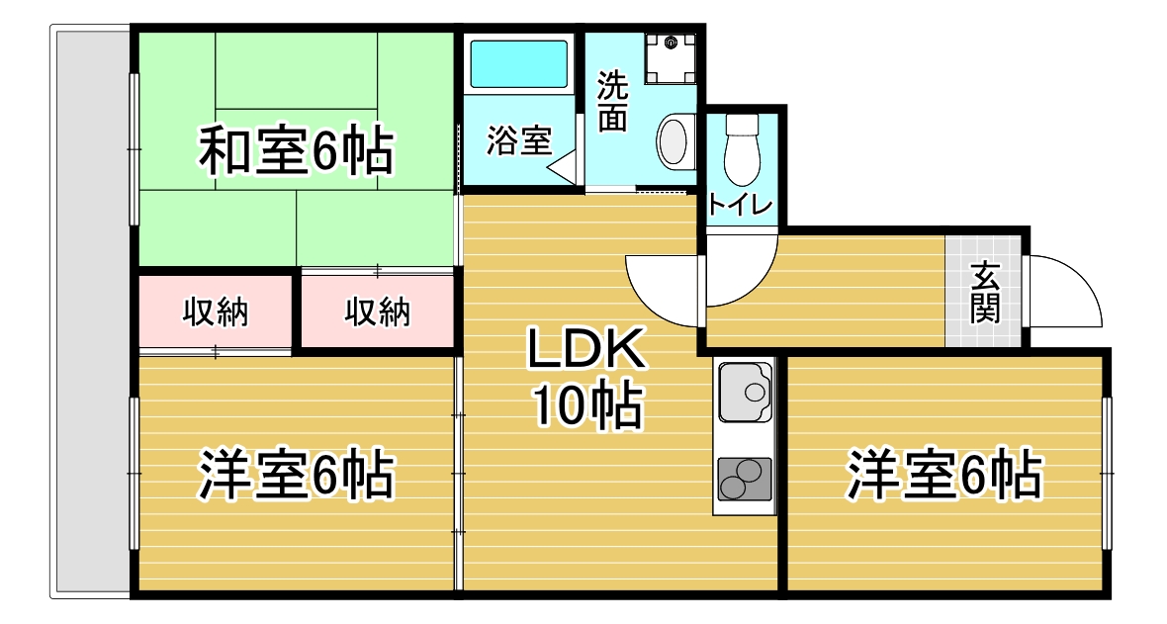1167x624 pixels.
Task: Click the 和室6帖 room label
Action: tap(297, 151)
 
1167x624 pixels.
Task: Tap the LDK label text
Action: tap(586, 349)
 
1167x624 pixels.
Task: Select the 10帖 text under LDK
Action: tap(586, 405)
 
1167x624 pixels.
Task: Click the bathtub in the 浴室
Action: tap(519, 64)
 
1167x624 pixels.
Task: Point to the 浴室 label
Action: tap(519, 140)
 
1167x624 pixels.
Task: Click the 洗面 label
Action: tap(613, 102)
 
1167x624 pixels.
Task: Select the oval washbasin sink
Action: tap(674, 140)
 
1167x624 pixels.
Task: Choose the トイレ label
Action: tap(742, 204)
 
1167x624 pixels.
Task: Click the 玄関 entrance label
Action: tap(985, 293)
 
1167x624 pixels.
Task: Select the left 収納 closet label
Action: tap(216, 312)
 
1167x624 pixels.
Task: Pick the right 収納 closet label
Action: tap(378, 312)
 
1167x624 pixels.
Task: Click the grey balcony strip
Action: tap(90, 312)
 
